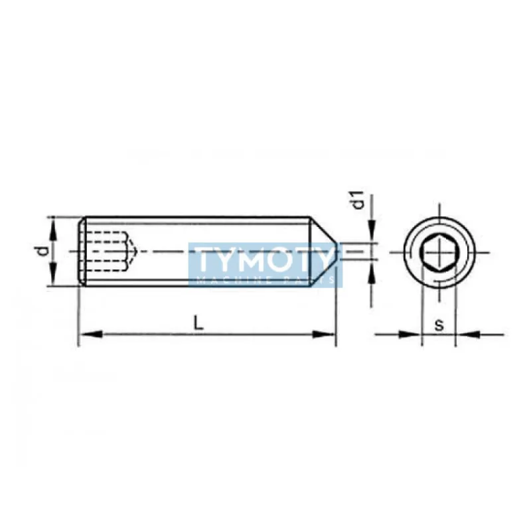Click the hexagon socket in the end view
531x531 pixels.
click(438, 252)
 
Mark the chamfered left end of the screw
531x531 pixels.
click(82, 251)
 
